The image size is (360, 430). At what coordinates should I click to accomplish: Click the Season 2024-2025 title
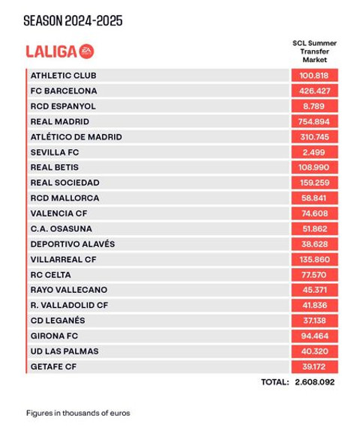coord(73,21)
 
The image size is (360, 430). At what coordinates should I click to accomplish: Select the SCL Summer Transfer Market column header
coord(314,51)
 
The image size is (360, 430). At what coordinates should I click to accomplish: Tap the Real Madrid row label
coord(60,121)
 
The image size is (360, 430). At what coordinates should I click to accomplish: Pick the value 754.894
coord(315,121)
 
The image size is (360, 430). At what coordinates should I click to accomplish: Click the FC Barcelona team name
coord(64,91)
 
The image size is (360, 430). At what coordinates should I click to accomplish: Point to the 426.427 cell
coord(315,91)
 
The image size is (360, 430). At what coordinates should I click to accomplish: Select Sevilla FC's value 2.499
coord(315,152)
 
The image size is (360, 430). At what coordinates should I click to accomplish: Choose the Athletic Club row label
coord(63,76)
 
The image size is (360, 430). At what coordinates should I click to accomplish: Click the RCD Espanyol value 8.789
coord(315,106)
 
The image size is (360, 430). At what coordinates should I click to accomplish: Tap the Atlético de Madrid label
coord(76,137)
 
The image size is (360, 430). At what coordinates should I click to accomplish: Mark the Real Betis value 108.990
coord(315,167)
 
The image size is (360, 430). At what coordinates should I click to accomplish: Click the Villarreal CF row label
coord(64,259)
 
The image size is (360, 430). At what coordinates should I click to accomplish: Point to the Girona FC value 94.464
coord(315,336)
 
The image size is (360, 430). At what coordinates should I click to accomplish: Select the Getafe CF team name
coord(54,366)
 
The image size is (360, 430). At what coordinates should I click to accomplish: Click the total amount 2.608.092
coord(315,382)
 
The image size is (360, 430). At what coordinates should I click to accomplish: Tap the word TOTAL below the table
coord(274,382)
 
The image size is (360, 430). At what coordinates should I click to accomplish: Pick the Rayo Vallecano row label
coord(69,290)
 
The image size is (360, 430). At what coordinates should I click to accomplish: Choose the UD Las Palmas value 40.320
coord(315,351)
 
